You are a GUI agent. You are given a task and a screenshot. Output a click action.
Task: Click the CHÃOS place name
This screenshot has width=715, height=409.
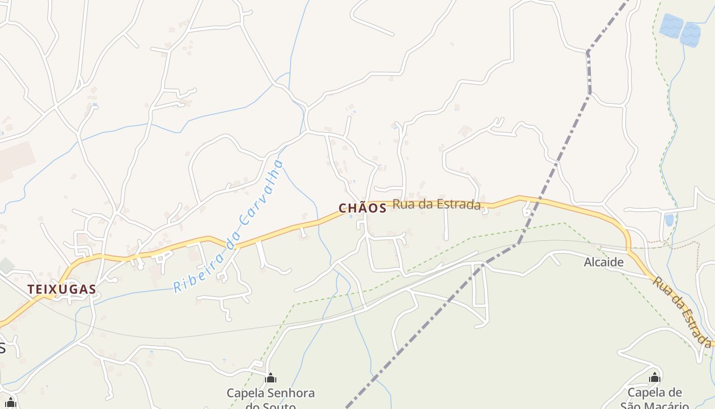[362, 208]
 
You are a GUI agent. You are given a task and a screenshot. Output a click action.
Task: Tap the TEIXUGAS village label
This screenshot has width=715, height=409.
[62, 289]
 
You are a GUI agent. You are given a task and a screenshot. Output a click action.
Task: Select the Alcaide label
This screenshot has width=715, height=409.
[604, 262]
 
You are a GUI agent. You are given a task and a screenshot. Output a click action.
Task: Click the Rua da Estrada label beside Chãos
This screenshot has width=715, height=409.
[437, 204]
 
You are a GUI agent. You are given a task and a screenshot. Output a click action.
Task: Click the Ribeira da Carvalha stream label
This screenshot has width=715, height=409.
[228, 227]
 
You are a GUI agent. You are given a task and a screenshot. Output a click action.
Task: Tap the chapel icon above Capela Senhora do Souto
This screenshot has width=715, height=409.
[271, 378]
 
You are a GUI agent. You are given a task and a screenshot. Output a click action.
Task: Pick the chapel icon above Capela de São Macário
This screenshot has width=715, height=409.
[655, 378]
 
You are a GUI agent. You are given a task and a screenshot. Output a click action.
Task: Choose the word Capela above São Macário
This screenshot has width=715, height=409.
[648, 393]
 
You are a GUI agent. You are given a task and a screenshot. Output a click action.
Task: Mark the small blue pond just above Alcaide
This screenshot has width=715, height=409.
[669, 220]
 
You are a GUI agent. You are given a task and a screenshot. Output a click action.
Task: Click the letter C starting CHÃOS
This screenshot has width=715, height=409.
[343, 208]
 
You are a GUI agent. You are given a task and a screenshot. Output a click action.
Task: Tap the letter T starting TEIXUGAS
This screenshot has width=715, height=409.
[31, 289]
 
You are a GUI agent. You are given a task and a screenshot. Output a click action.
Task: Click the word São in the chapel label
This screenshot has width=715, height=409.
[632, 406]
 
